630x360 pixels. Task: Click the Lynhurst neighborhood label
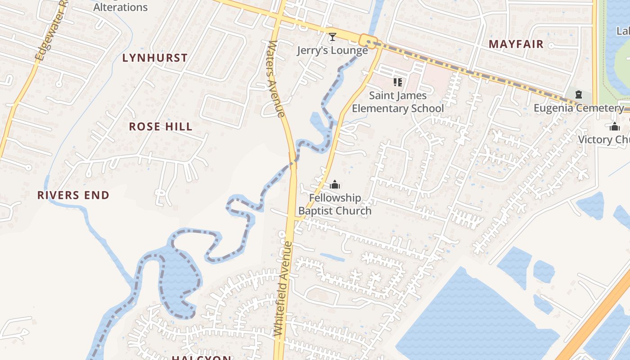coord(155,58)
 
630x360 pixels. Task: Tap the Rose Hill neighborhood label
coord(161,127)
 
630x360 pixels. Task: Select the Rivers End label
coord(73,195)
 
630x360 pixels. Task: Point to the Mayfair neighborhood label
coord(516,45)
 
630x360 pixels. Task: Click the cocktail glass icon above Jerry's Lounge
coord(333,37)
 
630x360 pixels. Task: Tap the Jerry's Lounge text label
coord(333,50)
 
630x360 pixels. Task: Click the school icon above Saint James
coord(397,82)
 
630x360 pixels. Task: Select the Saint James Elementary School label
coord(398,102)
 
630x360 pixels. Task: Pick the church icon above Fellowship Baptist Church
coord(335,184)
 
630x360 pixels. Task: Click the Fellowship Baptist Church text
coord(335,204)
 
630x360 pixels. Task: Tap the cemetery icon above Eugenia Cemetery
coord(579,95)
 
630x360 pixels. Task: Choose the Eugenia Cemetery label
coord(579,108)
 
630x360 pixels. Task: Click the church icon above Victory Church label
coord(615,127)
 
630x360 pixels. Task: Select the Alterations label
coord(120,7)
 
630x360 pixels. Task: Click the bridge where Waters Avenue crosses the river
coord(293,161)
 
